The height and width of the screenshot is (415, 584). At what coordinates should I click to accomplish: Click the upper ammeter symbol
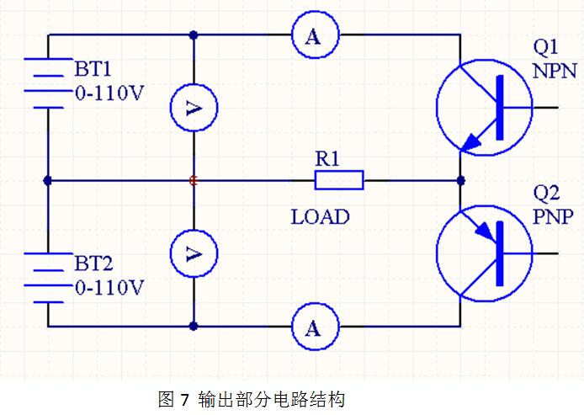(315, 35)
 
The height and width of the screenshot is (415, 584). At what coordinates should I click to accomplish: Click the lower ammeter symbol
(315, 327)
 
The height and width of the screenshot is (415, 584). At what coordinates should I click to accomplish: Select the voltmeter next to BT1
(194, 108)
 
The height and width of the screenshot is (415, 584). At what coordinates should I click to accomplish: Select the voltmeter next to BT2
(194, 253)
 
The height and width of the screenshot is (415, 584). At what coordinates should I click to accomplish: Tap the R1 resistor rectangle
(339, 180)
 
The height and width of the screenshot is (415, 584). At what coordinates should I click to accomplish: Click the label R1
(327, 159)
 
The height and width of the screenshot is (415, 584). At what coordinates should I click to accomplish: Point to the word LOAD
(321, 217)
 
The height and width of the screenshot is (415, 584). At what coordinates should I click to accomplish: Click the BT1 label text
(93, 69)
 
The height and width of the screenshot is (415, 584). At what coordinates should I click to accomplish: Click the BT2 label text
(94, 263)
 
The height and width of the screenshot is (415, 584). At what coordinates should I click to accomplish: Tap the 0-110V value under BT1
(109, 93)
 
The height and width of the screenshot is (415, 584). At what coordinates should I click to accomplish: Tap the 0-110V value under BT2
(109, 287)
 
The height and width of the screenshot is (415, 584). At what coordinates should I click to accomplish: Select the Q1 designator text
(545, 48)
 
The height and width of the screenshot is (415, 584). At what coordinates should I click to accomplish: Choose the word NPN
(555, 71)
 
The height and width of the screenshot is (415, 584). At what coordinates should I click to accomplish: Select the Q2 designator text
(546, 194)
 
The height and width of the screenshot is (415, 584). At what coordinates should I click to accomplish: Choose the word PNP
(553, 217)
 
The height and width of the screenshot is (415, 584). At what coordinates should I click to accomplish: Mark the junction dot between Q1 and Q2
(460, 181)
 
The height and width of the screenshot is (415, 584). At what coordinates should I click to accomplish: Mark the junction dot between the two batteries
(48, 181)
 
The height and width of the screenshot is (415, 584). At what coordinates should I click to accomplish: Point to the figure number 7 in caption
(185, 400)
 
